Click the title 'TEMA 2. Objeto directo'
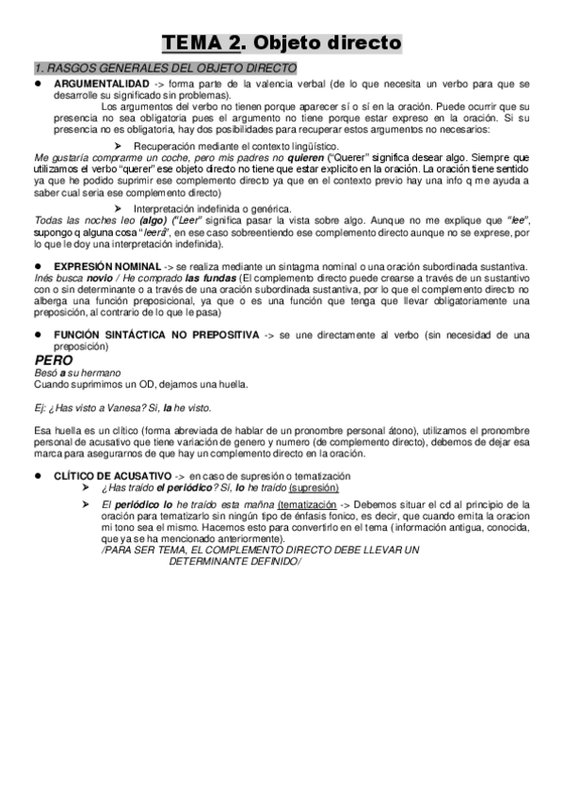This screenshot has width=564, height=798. [x=282, y=43]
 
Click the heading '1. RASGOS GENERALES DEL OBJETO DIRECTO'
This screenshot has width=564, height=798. [x=164, y=69]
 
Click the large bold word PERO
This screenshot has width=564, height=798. [x=53, y=359]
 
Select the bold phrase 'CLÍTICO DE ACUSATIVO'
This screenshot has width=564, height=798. [x=112, y=477]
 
